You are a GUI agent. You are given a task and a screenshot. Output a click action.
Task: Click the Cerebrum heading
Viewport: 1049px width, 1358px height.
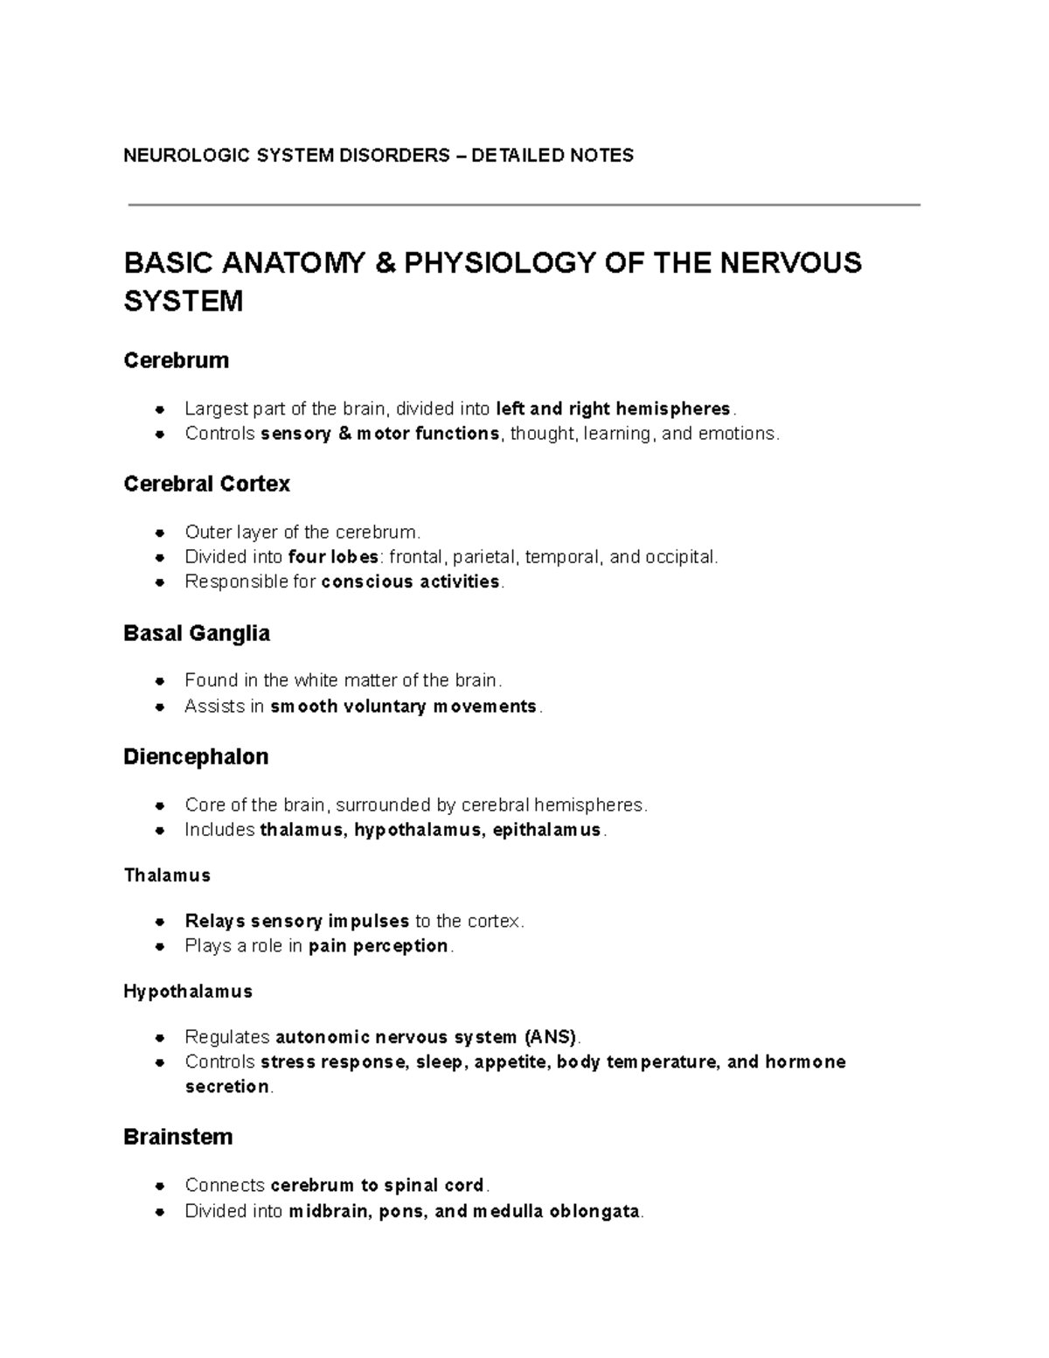(176, 360)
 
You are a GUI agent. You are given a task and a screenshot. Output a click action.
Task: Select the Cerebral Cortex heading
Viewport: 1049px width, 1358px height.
(206, 484)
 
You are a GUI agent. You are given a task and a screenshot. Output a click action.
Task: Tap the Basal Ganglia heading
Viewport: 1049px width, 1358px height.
(197, 633)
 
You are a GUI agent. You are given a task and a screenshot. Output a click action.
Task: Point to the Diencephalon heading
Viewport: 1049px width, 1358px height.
(196, 756)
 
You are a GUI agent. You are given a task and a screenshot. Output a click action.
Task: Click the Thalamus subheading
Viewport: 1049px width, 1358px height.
(167, 875)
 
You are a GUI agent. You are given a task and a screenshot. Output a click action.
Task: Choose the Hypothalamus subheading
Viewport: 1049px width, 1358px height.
(188, 992)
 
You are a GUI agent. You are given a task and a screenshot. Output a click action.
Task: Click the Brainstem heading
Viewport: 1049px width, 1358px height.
(177, 1137)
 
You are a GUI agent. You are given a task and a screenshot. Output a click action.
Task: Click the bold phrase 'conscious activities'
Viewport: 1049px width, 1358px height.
(411, 582)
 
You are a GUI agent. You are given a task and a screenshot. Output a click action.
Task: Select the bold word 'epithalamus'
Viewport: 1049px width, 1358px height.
(547, 830)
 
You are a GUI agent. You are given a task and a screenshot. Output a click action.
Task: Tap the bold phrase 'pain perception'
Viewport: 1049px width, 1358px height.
(379, 946)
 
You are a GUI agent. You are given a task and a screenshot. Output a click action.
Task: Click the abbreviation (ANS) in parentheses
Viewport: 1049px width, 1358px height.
(551, 1037)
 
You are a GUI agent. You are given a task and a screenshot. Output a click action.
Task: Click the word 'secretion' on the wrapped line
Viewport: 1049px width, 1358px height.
(227, 1087)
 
